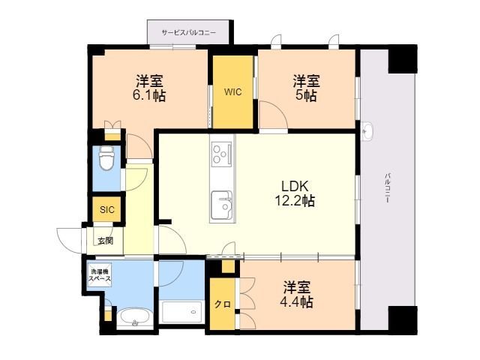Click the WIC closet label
[233, 91]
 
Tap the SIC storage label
[106, 210]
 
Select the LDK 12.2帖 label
[295, 193]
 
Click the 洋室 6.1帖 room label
[149, 88]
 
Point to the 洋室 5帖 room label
[306, 88]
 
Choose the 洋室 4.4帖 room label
[297, 295]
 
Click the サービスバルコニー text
[189, 32]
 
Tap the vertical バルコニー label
[388, 188]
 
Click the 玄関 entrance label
[105, 241]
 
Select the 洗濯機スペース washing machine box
[100, 275]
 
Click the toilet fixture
[106, 157]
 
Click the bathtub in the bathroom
[182, 312]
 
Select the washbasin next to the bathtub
[135, 317]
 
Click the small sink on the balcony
[366, 130]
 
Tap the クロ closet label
[223, 304]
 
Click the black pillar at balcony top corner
[403, 59]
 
